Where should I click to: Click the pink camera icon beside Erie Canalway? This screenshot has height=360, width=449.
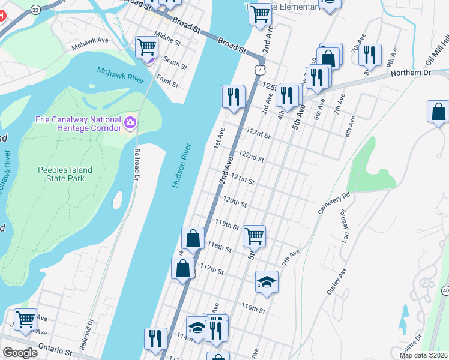(x=129, y=123)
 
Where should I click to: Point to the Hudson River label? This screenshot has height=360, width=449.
(x=181, y=166)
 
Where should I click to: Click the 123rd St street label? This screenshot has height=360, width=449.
(x=259, y=134)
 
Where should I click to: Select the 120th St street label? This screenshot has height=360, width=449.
(x=235, y=201)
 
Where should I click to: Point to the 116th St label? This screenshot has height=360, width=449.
(x=253, y=309)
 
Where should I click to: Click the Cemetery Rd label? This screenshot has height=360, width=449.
(x=334, y=204)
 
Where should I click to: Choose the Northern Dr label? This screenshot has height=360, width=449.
(x=411, y=73)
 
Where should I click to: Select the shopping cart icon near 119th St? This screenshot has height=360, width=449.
(x=254, y=235)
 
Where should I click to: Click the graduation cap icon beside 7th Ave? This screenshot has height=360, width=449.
(x=267, y=281)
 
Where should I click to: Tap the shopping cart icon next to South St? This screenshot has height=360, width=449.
(x=146, y=46)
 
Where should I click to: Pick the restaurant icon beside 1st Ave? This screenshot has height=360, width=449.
(x=233, y=96)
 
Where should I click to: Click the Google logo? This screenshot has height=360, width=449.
(x=20, y=353)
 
